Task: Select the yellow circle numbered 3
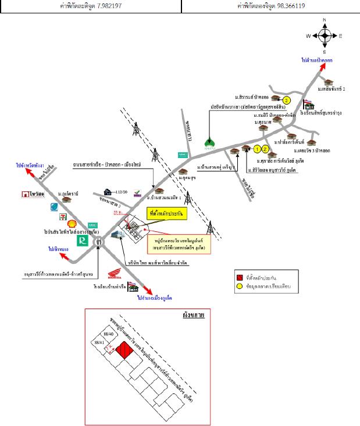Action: click(x=287, y=100)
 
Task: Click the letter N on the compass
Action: click(x=324, y=21)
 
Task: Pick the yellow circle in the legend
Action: click(x=239, y=287)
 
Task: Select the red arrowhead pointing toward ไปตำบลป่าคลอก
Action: click(x=320, y=67)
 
